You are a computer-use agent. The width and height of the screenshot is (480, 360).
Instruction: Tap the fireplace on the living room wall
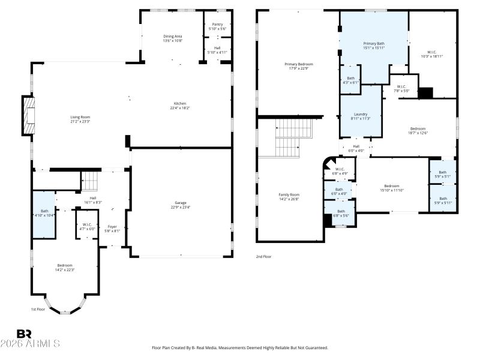point(28,115)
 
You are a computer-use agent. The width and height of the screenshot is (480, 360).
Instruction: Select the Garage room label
point(181,203)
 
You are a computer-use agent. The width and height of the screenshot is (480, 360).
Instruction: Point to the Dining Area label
point(173,37)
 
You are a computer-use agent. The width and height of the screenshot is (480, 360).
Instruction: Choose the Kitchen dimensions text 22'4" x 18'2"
point(180,108)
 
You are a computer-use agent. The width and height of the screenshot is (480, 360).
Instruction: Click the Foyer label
point(113,226)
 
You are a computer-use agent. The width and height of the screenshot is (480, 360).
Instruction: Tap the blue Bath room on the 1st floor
point(44,214)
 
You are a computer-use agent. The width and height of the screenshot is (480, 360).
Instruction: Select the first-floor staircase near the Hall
point(89,180)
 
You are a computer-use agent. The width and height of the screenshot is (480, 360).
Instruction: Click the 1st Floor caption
point(38,310)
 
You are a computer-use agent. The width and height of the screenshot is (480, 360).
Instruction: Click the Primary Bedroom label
point(298,64)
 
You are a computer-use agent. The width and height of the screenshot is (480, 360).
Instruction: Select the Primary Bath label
point(374,44)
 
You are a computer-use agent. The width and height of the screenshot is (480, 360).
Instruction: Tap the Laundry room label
point(360,114)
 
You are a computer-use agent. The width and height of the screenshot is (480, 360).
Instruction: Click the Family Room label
point(289,194)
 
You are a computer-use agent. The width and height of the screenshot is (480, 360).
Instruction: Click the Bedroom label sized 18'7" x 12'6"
point(418,128)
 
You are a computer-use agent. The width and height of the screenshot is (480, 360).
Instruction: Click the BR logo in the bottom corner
point(24,334)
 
